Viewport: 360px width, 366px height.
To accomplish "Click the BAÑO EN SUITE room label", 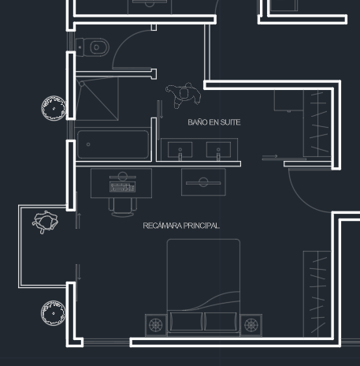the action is [214, 122].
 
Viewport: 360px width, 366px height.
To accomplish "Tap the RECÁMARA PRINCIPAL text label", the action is [181, 226].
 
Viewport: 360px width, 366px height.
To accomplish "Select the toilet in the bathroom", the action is [92, 47].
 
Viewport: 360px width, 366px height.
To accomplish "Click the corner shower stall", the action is [97, 99].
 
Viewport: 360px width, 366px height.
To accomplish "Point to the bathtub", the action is [113, 144].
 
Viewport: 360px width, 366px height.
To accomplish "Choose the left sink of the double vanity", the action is [180, 151].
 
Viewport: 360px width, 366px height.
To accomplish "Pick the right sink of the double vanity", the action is [218, 151].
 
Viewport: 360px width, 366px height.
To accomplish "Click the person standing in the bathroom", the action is [184, 95].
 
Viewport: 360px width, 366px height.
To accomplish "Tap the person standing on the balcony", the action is [45, 222].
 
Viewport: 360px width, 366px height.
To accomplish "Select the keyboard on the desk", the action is [122, 187].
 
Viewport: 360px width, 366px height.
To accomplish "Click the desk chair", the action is [123, 207].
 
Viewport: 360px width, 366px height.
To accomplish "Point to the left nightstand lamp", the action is [156, 325].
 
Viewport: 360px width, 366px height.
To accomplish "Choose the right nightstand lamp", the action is [251, 325].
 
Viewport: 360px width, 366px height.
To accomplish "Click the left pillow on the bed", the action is [186, 321].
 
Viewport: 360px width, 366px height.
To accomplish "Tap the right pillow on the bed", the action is [221, 321].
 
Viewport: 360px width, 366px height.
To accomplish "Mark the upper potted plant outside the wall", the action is [54, 108].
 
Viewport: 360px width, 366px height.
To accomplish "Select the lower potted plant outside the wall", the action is [54, 313].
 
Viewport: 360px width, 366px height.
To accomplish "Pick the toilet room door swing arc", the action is [124, 42].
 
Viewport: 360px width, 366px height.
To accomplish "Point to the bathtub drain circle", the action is [88, 144].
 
